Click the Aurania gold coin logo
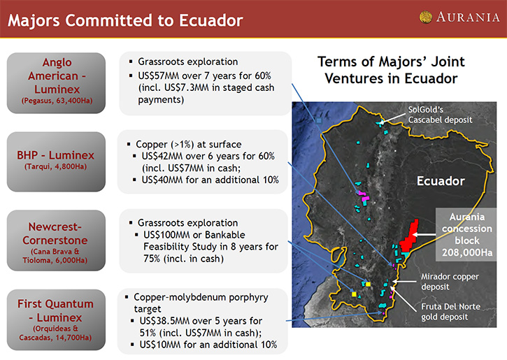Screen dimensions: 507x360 tap(425, 17)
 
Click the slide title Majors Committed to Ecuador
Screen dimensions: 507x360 tap(125, 20)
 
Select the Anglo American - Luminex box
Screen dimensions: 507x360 tap(56, 83)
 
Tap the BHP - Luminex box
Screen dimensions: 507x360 tap(56, 161)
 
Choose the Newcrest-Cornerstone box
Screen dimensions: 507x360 tap(56, 240)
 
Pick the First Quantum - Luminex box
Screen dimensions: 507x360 tap(56, 319)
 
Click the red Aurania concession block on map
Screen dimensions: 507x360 tap(409, 236)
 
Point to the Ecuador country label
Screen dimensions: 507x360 tap(441, 180)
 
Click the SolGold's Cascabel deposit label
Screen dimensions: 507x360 tap(440, 115)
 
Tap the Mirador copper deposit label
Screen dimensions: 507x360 tap(450, 282)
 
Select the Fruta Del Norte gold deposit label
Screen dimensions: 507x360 tap(450, 312)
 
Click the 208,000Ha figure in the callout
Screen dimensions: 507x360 tap(467, 252)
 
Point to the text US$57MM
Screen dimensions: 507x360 tap(158, 75)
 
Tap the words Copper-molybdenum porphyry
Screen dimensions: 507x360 tap(201, 297)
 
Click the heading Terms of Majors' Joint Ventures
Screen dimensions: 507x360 tap(391, 70)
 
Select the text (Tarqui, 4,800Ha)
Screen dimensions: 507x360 tap(56, 167)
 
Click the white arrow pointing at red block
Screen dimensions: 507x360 tap(424, 234)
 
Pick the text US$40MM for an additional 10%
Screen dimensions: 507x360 tap(210, 180)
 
